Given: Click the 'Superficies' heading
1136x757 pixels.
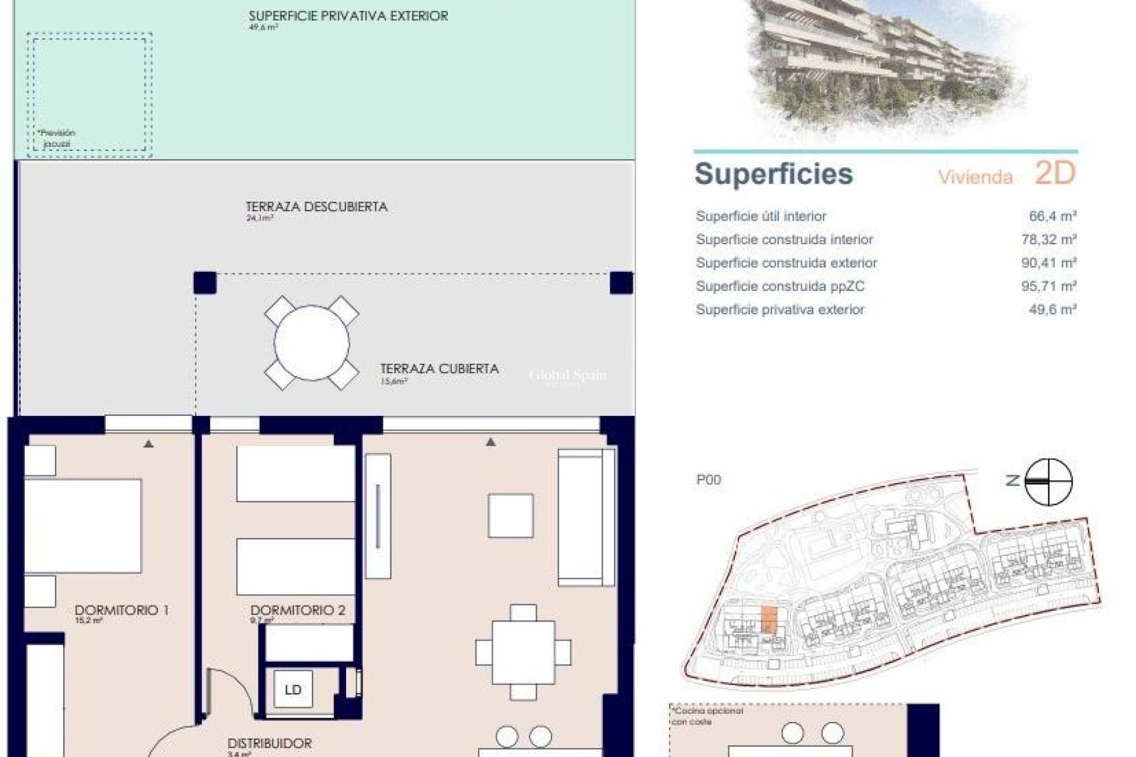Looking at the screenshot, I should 773,174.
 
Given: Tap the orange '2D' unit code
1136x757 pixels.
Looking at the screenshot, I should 1054,173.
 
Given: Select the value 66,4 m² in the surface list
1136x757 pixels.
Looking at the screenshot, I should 1053,216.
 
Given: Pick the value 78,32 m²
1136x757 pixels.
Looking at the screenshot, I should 1048,240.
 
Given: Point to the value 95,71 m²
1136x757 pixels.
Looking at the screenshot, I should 1048,286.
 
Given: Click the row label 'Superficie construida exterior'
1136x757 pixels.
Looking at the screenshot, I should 786,263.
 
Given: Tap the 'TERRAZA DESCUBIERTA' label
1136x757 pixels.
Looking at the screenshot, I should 317,207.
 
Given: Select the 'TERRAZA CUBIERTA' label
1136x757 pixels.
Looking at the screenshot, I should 439,369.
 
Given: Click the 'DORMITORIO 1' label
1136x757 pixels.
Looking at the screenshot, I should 121,610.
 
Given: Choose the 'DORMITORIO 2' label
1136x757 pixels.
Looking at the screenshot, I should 298,610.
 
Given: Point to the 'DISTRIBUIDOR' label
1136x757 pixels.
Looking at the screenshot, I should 269,743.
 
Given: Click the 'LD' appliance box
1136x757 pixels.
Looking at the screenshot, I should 293,690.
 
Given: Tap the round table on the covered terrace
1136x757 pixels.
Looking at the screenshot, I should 311,343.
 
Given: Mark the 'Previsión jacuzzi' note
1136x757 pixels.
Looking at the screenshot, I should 57,138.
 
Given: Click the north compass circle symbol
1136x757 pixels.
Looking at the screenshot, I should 1048,481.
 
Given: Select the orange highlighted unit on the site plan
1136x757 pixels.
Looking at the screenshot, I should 767,620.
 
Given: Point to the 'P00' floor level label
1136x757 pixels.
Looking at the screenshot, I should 708,480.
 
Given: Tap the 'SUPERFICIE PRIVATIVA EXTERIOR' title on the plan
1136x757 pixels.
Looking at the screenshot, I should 348,16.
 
